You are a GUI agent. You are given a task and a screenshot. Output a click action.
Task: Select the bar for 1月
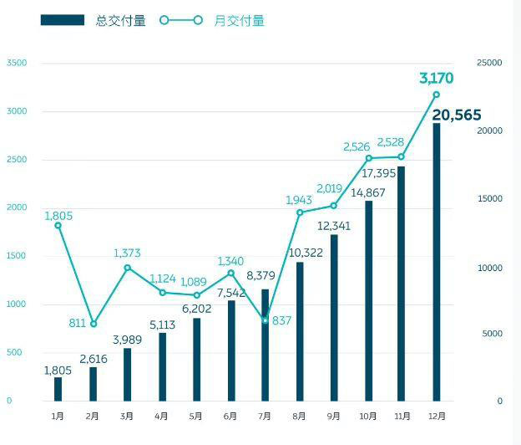click(58, 389)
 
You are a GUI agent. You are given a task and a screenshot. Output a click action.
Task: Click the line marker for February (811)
click(93, 324)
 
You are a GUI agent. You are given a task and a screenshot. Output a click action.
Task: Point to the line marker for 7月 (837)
click(266, 320)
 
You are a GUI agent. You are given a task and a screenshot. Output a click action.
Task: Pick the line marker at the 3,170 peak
click(436, 95)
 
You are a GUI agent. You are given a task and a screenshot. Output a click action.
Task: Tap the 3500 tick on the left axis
click(16, 64)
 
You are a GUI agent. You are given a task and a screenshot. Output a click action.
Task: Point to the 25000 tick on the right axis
click(490, 64)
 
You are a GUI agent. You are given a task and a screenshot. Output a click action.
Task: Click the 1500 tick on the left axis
click(16, 256)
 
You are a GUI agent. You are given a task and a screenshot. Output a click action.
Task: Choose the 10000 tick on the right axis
click(490, 268)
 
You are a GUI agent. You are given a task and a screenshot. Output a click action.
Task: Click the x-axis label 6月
click(230, 416)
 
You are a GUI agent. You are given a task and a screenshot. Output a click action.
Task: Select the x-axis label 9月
click(334, 416)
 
